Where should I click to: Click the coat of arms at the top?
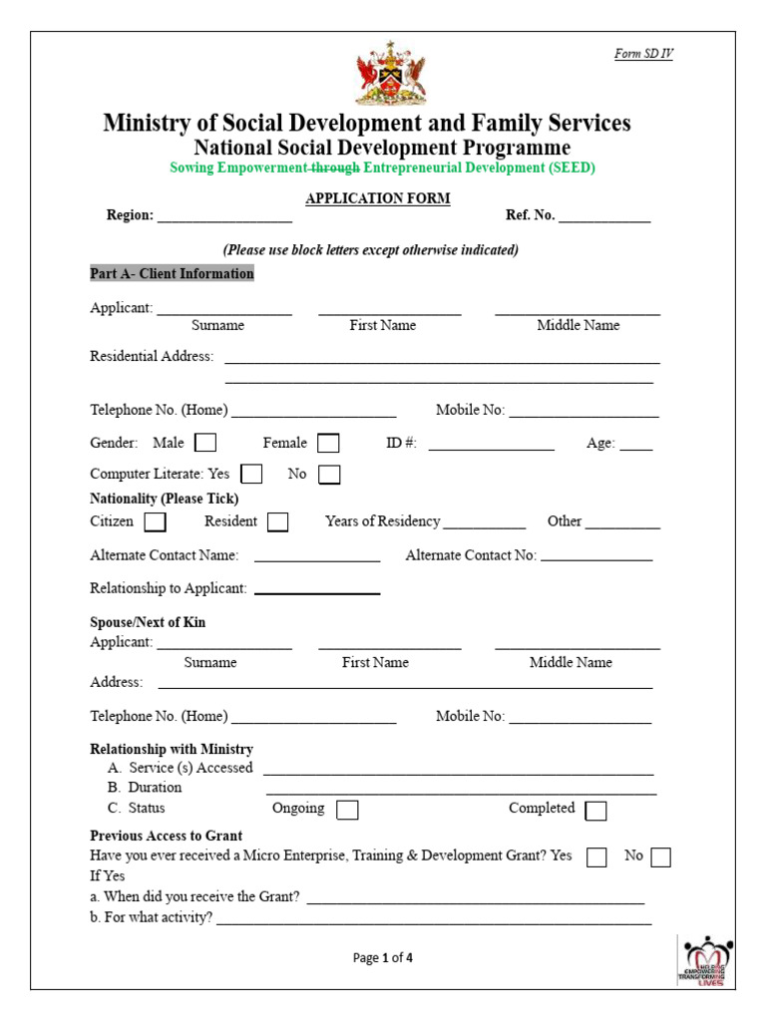point(391,73)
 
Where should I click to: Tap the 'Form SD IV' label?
point(643,54)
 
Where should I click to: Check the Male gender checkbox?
point(205,443)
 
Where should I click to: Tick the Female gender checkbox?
point(328,443)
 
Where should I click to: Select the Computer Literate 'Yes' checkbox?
point(252,474)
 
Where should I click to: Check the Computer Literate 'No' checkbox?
point(329,474)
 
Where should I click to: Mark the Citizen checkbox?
point(156,521)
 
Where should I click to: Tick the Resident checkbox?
point(278,521)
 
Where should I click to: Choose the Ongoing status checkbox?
point(347,809)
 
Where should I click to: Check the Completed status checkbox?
point(595,810)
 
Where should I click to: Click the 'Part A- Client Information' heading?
point(172,273)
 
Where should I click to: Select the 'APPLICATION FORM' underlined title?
point(378,198)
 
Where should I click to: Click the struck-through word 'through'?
point(335,168)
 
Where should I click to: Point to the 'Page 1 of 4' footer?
point(383,958)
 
